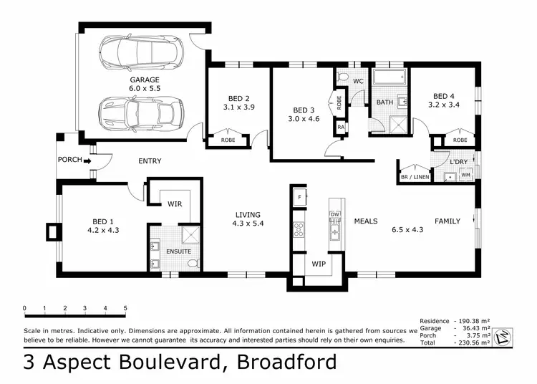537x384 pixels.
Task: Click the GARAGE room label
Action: click(144, 80)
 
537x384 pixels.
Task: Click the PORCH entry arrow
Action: click(88, 160)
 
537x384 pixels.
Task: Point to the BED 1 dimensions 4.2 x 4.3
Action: click(103, 231)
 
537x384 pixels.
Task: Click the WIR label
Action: click(175, 204)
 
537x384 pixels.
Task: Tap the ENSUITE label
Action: click(178, 251)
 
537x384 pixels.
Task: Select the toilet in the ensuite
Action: click(192, 264)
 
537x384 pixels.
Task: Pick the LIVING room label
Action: click(248, 214)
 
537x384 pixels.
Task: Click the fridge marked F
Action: click(299, 195)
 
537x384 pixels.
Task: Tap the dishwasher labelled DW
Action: click(334, 214)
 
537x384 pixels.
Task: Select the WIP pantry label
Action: click(318, 264)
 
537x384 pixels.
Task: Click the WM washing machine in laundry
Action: click(465, 175)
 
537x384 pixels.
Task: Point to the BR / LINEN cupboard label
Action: click(415, 176)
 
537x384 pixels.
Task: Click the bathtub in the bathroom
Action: click(390, 78)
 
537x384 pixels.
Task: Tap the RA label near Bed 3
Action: click(341, 128)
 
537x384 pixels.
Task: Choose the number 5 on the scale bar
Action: click(125, 309)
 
